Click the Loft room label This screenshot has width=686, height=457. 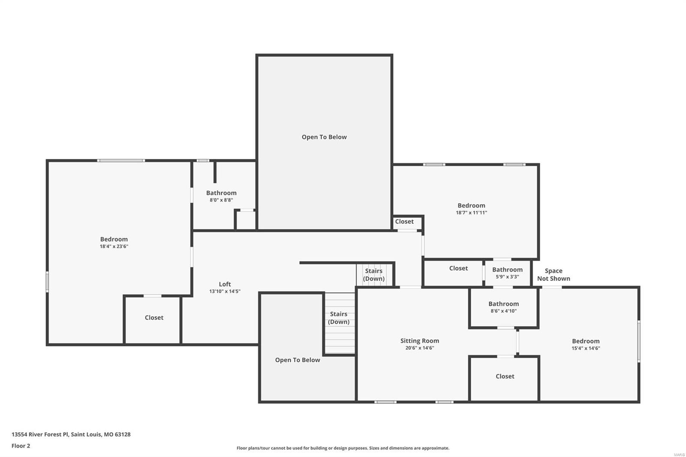click(x=225, y=284)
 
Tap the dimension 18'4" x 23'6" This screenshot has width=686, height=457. click(x=114, y=247)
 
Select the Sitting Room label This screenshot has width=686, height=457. click(x=419, y=341)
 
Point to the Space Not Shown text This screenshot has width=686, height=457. click(x=554, y=275)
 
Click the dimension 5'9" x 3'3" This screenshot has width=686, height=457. click(x=507, y=277)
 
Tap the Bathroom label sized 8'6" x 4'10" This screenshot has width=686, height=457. click(x=503, y=304)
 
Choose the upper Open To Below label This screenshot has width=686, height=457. click(x=324, y=137)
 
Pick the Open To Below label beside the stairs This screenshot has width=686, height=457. click(x=298, y=360)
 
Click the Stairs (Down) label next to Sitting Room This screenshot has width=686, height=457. click(x=339, y=318)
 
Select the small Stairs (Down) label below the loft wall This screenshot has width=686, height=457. click(x=373, y=275)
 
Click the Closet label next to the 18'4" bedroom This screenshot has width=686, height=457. click(x=154, y=318)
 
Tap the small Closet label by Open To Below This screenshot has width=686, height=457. click(x=404, y=222)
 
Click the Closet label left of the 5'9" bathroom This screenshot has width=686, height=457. click(x=458, y=268)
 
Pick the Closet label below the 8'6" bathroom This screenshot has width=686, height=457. click(x=505, y=376)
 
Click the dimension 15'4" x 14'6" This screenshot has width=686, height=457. click(x=586, y=349)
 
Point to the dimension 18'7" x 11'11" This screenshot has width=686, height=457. click(x=471, y=213)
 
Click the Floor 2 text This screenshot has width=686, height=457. click(x=21, y=446)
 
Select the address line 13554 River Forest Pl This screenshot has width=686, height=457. click(x=71, y=434)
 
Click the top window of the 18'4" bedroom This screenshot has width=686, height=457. click(x=121, y=161)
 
